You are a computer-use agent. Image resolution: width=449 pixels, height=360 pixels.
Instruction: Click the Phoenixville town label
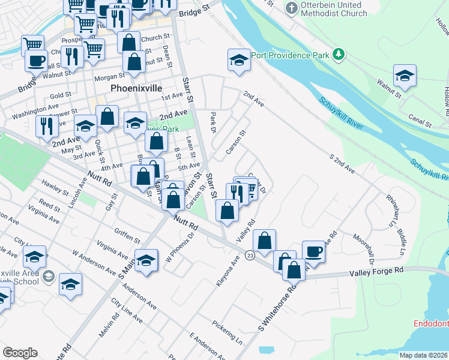point(136,88)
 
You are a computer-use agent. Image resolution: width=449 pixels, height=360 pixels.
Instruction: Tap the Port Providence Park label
point(291,55)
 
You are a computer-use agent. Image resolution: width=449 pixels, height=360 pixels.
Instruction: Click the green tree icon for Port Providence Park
point(339,55)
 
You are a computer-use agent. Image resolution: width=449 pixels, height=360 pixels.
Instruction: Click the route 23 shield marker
point(250,255)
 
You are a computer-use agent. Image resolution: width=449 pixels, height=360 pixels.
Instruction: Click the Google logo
point(20,353)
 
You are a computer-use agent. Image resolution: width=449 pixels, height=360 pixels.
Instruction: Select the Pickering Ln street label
point(227,332)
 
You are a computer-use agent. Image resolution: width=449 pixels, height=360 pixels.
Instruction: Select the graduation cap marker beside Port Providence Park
point(238,60)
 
